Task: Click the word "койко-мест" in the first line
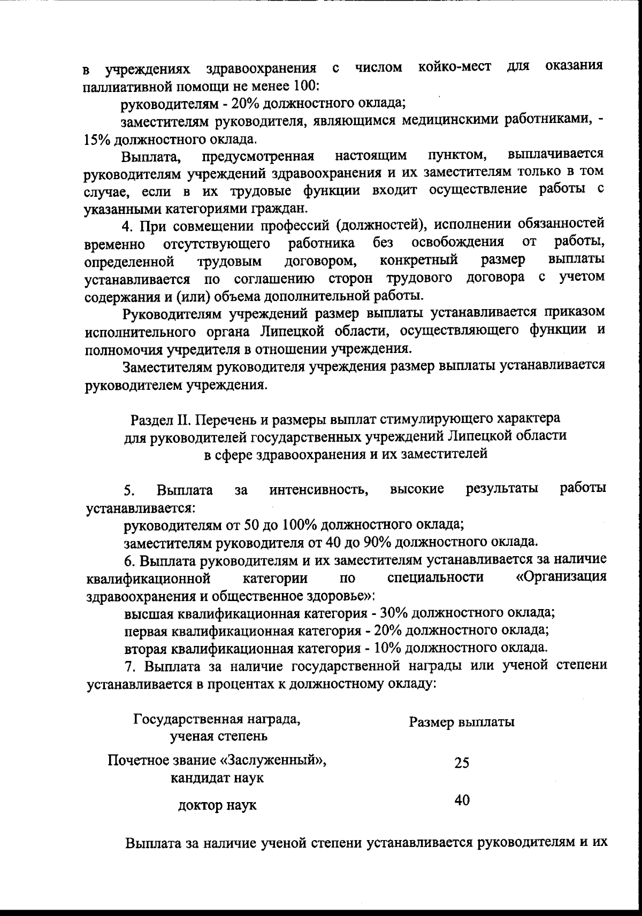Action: point(455,68)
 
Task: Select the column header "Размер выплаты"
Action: point(461,722)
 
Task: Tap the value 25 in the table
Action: point(462,763)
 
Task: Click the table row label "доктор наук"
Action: point(217,805)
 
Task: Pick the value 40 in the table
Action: point(462,800)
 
